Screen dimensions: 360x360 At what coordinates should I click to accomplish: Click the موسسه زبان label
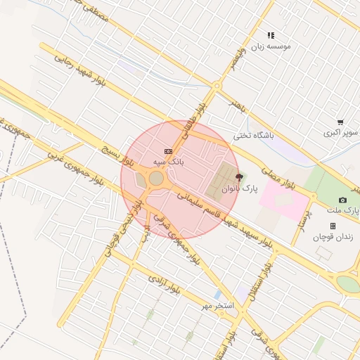[x=271, y=46]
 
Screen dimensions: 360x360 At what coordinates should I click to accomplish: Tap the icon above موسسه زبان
[x=271, y=34]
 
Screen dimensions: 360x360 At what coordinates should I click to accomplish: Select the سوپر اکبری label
[x=341, y=132]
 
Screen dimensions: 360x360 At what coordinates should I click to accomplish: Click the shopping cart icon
[x=340, y=122]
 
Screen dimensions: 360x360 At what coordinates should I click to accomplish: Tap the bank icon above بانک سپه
[x=167, y=151]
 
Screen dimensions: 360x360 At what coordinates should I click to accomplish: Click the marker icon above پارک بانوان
[x=239, y=178]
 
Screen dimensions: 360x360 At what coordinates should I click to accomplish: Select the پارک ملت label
[x=343, y=210]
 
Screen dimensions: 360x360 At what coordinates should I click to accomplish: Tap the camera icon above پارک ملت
[x=342, y=200]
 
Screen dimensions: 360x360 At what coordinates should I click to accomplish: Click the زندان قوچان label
[x=333, y=237]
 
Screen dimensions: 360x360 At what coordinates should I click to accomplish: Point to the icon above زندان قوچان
[x=333, y=226]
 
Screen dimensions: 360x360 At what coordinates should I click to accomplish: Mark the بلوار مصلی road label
[x=278, y=179]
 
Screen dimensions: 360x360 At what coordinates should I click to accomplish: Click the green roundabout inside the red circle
[x=156, y=179]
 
